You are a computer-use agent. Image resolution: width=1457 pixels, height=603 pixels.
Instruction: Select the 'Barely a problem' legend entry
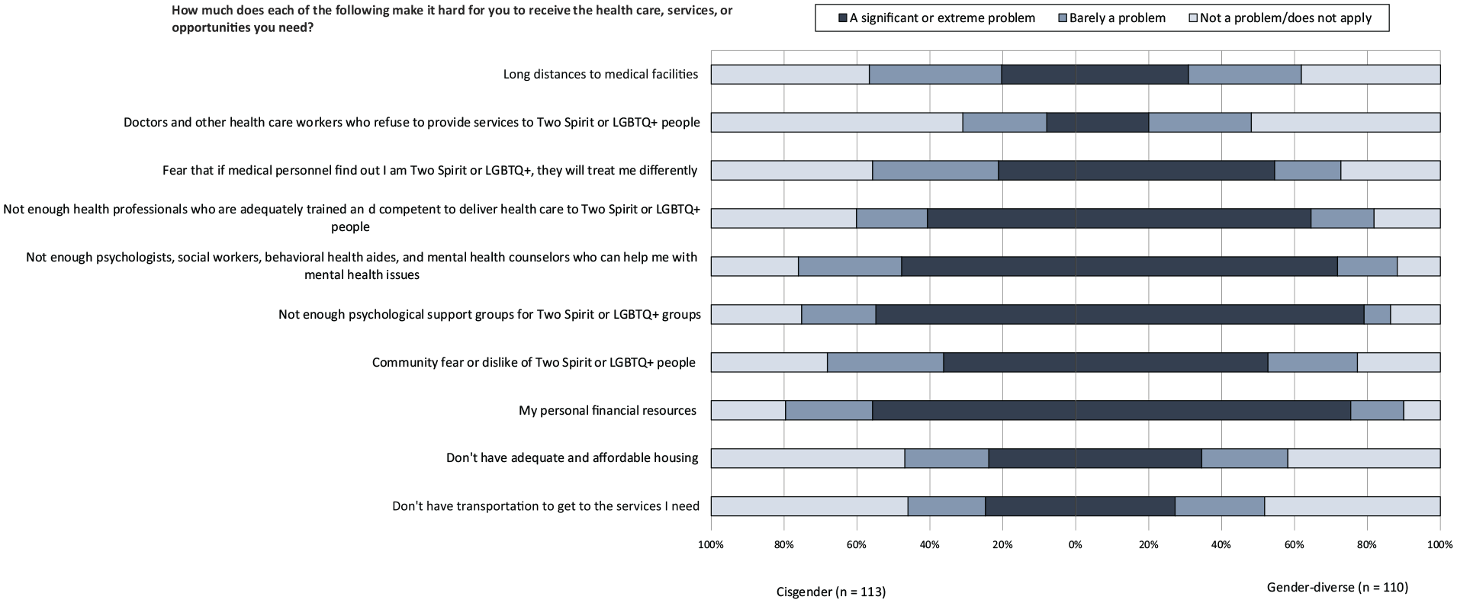coord(1111,18)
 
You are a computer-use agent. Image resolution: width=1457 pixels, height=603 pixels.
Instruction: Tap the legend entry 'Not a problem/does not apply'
coord(1279,18)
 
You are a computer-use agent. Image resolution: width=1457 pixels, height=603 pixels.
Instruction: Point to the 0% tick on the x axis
coord(1076,545)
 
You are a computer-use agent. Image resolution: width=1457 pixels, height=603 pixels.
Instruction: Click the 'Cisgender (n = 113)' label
coord(831,592)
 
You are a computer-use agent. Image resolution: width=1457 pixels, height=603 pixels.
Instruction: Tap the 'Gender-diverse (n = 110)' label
coord(1337,587)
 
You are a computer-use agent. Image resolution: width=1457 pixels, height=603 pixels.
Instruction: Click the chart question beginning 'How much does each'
coord(452,19)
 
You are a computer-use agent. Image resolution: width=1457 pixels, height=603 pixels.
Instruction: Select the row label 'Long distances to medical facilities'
coord(600,74)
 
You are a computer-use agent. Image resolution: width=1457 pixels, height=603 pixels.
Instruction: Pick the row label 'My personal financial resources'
coord(607,410)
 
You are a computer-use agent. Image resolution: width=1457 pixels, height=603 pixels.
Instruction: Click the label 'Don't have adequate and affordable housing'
coord(572,457)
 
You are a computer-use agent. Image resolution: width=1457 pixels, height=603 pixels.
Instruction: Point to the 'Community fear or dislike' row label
coord(534,362)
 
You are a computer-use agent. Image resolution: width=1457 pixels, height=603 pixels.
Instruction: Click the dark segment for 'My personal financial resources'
coord(1111,410)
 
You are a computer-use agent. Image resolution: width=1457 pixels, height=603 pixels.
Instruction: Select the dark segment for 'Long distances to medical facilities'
coord(1095,74)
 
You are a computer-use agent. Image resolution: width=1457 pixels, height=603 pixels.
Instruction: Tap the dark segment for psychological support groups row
coord(1120,314)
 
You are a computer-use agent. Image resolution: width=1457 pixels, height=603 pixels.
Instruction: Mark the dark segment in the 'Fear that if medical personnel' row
coord(1137,170)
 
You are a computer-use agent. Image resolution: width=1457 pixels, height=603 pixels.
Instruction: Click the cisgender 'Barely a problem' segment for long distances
coord(935,74)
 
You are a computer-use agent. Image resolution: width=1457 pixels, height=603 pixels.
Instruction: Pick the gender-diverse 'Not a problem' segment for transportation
coord(1352,506)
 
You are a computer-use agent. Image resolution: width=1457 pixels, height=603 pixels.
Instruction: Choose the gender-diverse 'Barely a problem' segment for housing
coord(1245,458)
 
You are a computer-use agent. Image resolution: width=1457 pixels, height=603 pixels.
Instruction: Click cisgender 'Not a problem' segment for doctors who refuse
coord(837,122)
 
